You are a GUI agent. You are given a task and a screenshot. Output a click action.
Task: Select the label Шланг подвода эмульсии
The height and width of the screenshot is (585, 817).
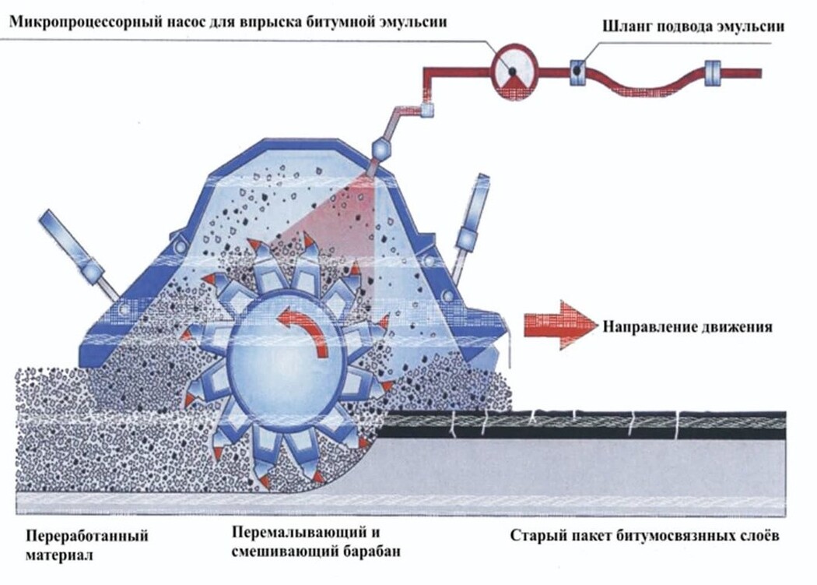(693, 26)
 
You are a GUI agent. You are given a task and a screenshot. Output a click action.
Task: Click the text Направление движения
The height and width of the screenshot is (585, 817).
(687, 326)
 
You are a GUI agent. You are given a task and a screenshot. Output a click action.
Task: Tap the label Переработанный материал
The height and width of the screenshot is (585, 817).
(87, 544)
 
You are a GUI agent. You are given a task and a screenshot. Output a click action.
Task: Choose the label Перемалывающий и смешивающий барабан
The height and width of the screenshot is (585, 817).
(316, 541)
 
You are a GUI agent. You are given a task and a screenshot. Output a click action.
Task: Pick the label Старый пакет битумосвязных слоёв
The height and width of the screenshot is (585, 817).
(644, 536)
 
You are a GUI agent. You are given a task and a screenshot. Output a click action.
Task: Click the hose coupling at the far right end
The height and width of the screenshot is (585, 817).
(712, 73)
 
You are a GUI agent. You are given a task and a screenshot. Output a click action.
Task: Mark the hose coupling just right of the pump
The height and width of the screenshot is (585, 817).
(578, 72)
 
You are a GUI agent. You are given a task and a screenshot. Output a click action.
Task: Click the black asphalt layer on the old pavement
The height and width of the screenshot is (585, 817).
(583, 425)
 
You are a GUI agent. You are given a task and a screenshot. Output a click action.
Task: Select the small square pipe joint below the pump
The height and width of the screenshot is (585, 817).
(426, 110)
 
